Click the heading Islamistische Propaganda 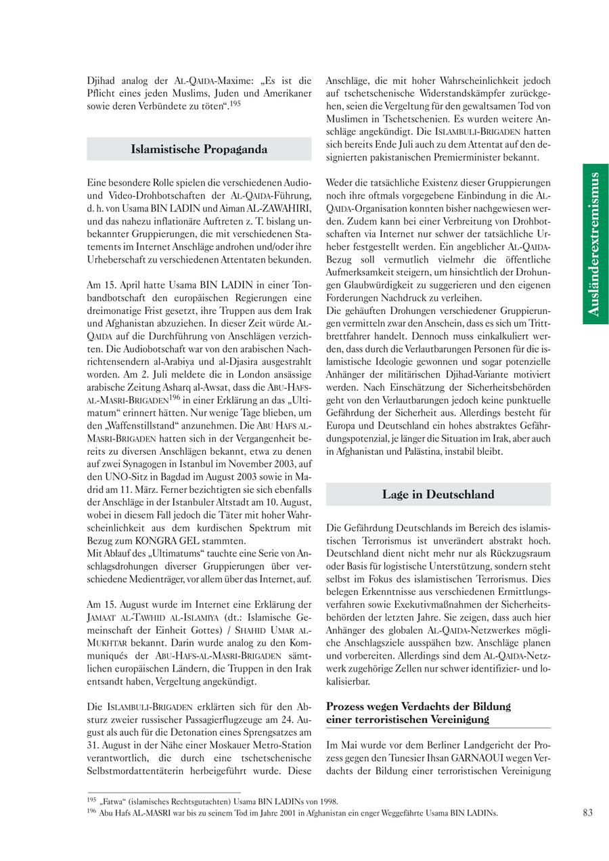pyautogui.click(x=199, y=150)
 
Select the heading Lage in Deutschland pyautogui.click(x=438, y=494)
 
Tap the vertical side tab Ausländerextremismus pyautogui.click(x=595, y=244)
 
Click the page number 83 pyautogui.click(x=587, y=812)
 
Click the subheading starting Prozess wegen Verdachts pyautogui.click(x=418, y=713)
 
